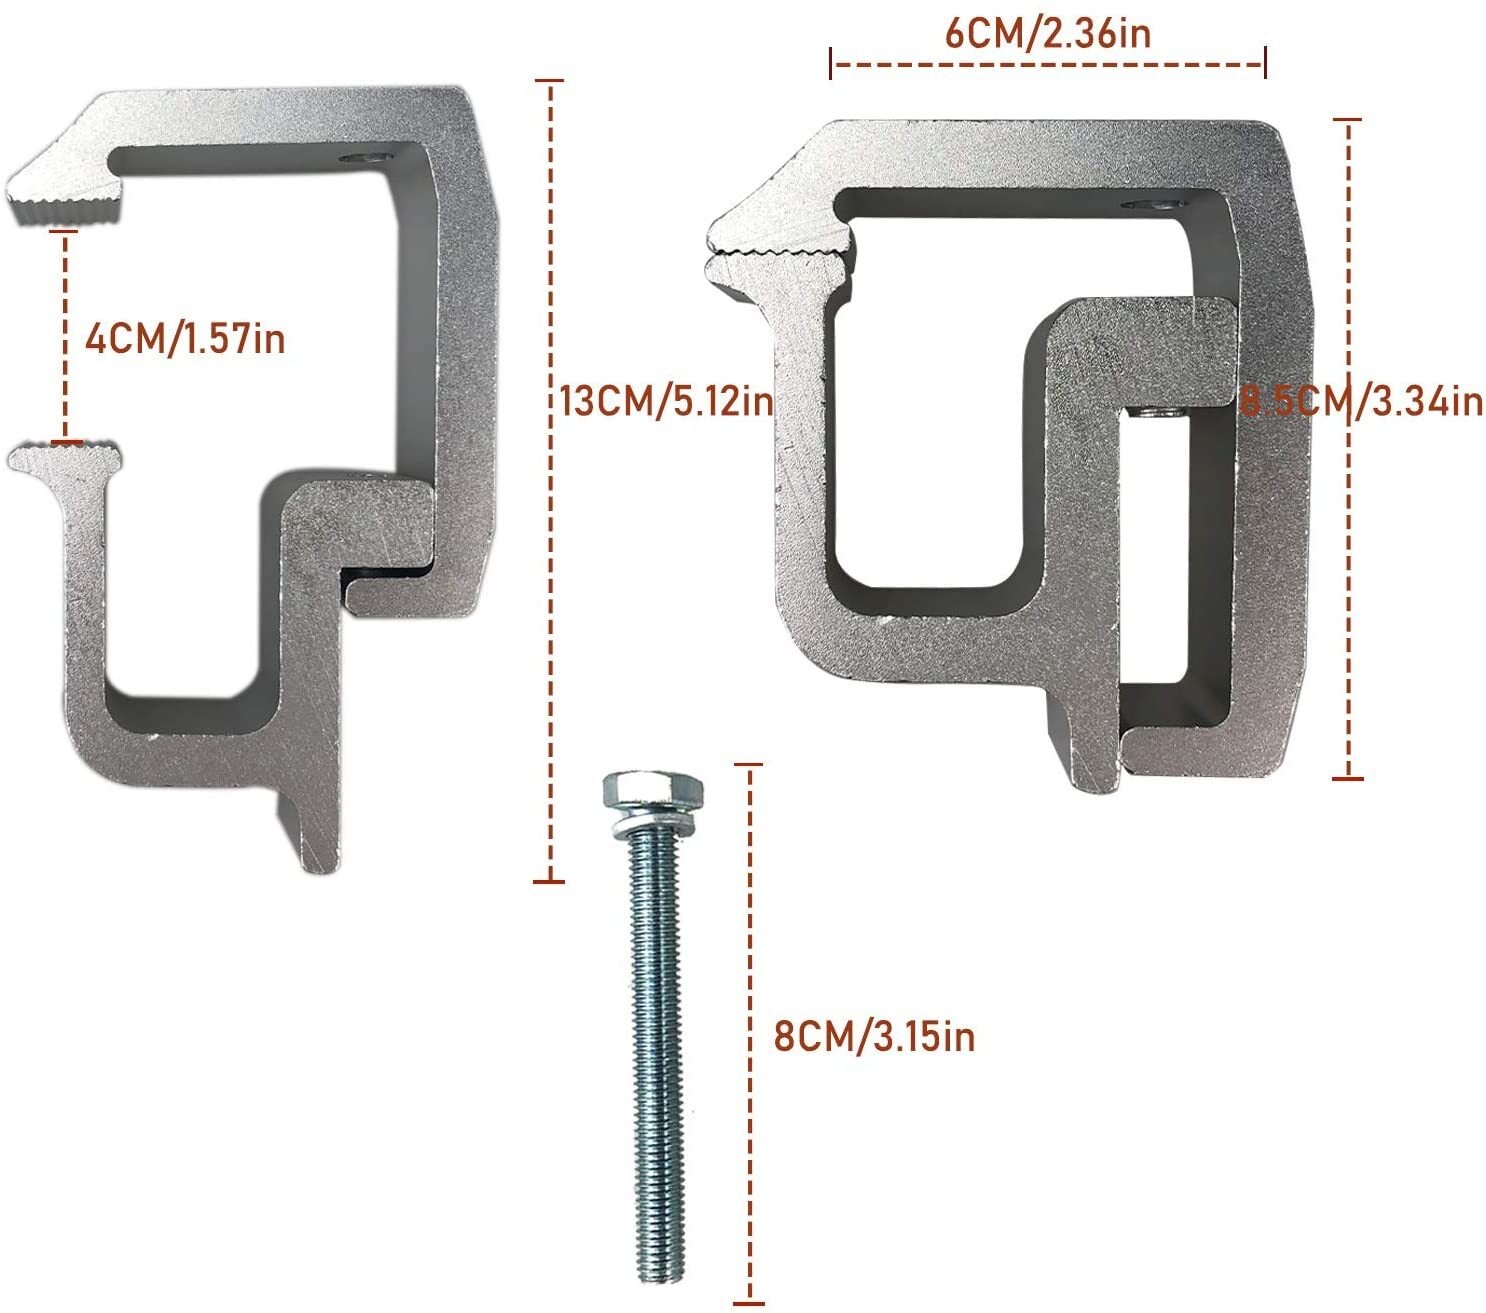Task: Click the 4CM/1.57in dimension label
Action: pyautogui.click(x=185, y=338)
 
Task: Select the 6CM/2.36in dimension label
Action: pyautogui.click(x=1048, y=33)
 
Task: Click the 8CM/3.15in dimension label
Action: pyautogui.click(x=874, y=1036)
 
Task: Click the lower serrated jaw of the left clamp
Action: pyautogui.click(x=68, y=458)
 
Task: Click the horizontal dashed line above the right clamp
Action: pyautogui.click(x=1048, y=65)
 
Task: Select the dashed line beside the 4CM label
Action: pyautogui.click(x=66, y=335)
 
